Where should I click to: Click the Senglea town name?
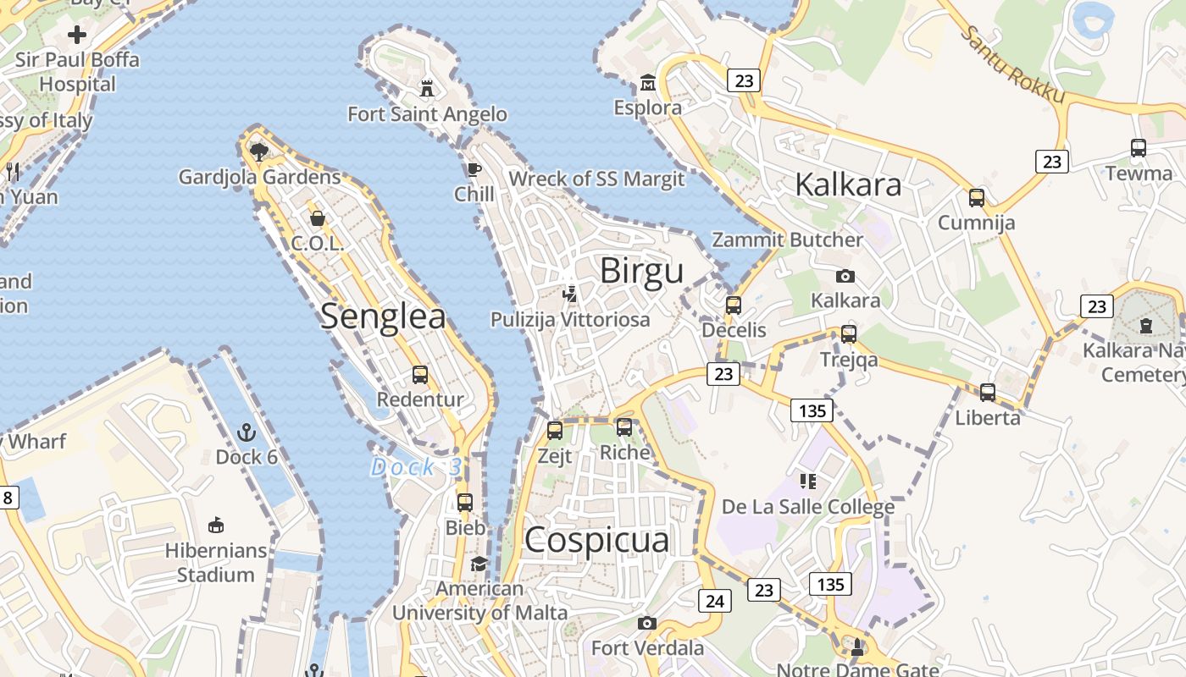pyautogui.click(x=383, y=316)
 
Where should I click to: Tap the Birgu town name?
pyautogui.click(x=641, y=271)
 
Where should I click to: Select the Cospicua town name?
pyautogui.click(x=596, y=540)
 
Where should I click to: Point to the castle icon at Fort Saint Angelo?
pyautogui.click(x=427, y=88)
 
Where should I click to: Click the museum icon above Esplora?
pyautogui.click(x=648, y=83)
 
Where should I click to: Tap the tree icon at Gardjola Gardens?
pyautogui.click(x=259, y=151)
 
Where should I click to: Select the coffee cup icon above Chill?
pyautogui.click(x=474, y=169)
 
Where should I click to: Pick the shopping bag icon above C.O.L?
pyautogui.click(x=318, y=218)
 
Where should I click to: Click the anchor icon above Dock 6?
pyautogui.click(x=247, y=432)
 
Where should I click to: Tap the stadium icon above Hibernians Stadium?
pyautogui.click(x=216, y=525)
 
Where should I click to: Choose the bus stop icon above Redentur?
pyautogui.click(x=420, y=374)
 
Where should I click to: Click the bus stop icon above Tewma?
pyautogui.click(x=1139, y=148)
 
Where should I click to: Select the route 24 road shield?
pyautogui.click(x=714, y=601)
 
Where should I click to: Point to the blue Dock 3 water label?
pyautogui.click(x=417, y=467)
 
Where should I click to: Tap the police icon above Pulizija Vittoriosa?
pyautogui.click(x=570, y=294)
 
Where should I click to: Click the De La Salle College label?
pyautogui.click(x=808, y=507)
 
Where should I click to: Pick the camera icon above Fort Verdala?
pyautogui.click(x=647, y=624)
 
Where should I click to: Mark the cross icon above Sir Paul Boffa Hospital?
pyautogui.click(x=77, y=35)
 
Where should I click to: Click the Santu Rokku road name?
pyautogui.click(x=1014, y=65)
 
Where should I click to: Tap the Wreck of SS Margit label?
pyautogui.click(x=596, y=179)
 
